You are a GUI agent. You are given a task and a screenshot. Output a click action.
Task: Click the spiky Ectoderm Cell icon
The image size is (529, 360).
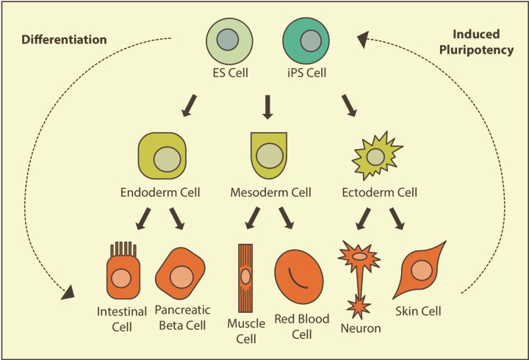coord(375,156)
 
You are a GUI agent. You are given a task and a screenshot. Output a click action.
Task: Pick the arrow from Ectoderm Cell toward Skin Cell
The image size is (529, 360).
coord(397,218)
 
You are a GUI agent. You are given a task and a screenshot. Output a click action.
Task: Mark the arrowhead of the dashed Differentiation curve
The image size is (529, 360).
coord(68,293)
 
